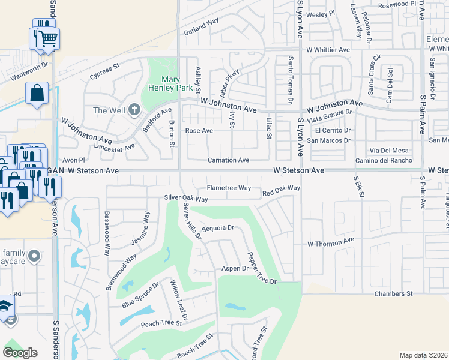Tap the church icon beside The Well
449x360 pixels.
133,110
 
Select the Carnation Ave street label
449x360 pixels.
228,160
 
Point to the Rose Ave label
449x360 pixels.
199,130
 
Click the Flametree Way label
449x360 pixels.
229,188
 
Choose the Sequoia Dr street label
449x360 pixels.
217,229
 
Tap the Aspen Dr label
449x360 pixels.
235,268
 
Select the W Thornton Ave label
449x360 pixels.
331,243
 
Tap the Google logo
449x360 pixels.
20,353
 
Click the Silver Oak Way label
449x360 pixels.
186,199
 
